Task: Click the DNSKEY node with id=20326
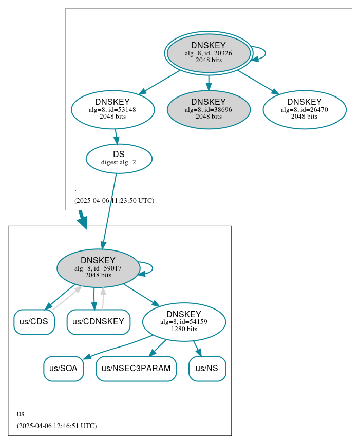pos(209,53)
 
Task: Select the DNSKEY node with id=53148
pos(113,109)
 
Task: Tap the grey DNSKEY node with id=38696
pos(209,109)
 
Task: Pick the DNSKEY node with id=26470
pos(305,109)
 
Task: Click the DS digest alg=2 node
pos(119,159)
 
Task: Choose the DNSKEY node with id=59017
pos(98,268)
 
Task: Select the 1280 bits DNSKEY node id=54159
pos(184,322)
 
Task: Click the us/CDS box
pos(34,322)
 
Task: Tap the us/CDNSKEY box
pos(98,322)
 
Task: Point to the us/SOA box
pos(63,369)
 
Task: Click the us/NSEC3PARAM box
pos(136,369)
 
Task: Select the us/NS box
pos(207,369)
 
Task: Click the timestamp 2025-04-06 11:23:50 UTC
pos(114,201)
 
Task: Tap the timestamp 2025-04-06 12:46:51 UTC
pos(56,426)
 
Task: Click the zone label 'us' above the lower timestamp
pos(21,414)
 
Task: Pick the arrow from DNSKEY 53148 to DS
pos(117,137)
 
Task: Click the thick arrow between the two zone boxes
pos(82,219)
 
